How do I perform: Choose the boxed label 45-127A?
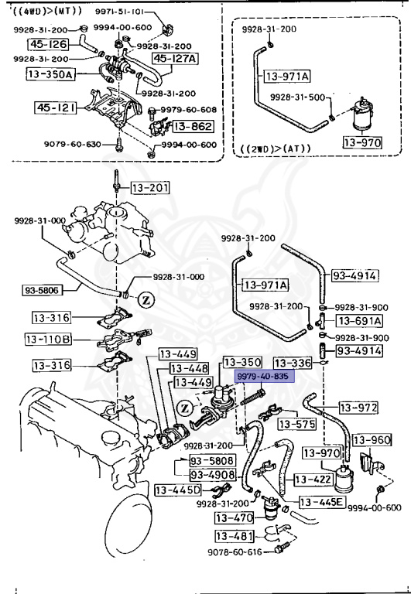[175, 58]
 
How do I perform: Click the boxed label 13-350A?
[50, 74]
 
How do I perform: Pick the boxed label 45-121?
[55, 108]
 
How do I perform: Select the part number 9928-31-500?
[297, 97]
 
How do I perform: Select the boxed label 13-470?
[233, 517]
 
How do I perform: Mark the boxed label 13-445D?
[177, 490]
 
